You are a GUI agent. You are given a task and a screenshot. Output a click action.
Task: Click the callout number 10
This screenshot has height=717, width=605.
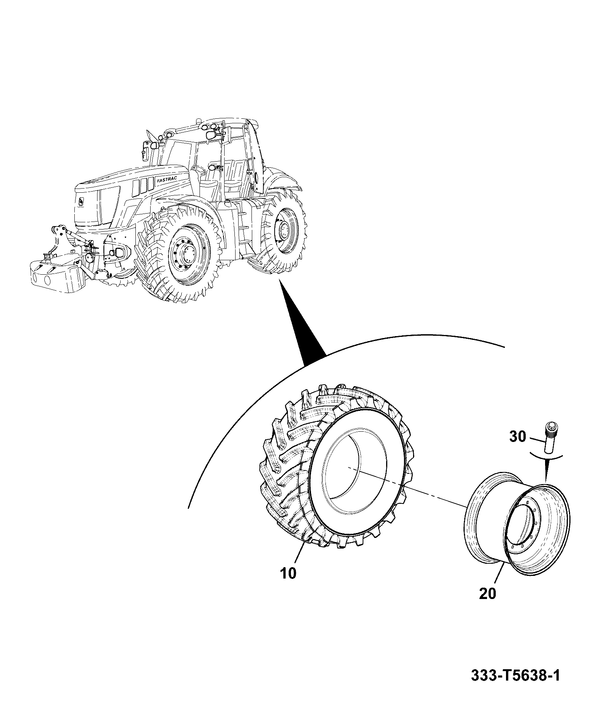point(289,584)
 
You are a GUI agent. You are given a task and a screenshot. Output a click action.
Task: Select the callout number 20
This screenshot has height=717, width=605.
point(487,604)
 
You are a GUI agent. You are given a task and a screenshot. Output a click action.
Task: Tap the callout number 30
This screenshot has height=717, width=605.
point(517,437)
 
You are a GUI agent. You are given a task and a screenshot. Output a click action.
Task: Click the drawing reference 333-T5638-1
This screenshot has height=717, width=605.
point(515,675)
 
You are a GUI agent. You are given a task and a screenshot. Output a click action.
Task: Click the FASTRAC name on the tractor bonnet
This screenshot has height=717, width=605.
point(167,180)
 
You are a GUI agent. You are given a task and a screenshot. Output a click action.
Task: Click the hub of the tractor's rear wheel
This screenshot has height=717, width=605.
point(284,229)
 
